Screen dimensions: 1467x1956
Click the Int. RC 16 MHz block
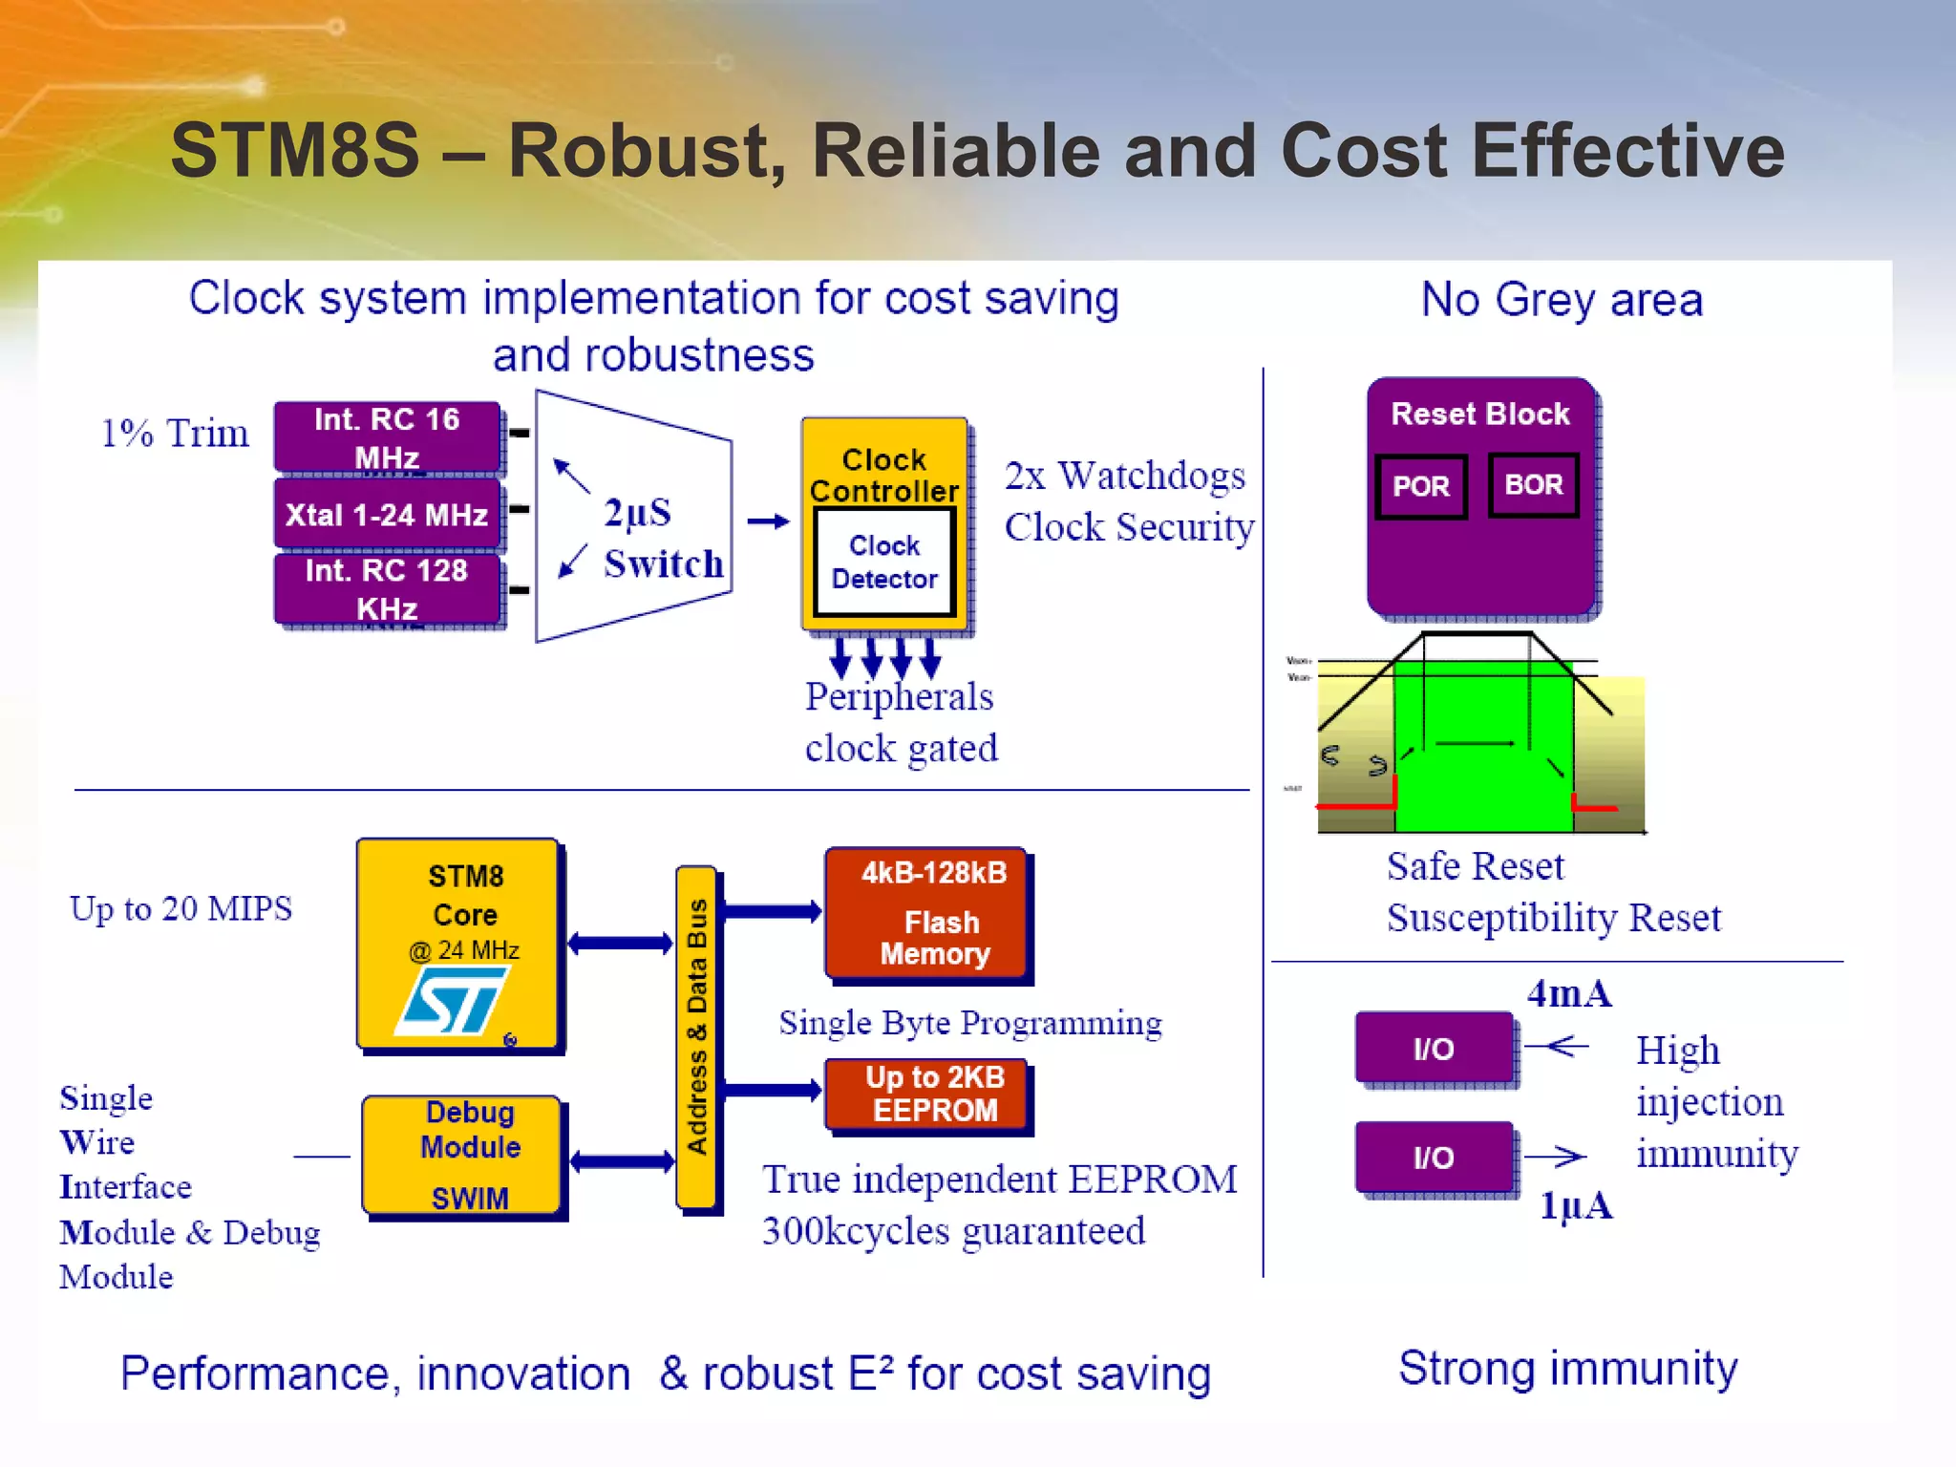coord(387,437)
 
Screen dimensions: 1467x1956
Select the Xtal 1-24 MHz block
coord(387,515)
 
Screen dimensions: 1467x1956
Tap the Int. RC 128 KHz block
coord(387,589)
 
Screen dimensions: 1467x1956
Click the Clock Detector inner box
coord(883,563)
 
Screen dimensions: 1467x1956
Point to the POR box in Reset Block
coord(1420,486)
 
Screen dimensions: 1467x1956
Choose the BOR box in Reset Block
coord(1533,485)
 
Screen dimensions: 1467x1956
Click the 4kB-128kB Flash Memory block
coord(927,913)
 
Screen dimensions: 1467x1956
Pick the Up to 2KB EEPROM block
coord(927,1094)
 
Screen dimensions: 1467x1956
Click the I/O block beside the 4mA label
coord(1434,1048)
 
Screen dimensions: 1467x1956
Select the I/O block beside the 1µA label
coord(1434,1157)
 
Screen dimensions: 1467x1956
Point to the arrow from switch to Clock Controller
coord(768,521)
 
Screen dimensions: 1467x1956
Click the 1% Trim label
coord(175,434)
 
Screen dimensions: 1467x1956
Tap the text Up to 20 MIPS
coord(181,908)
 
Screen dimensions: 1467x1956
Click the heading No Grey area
coord(1562,300)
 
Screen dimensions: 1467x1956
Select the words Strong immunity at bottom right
coord(1567,1368)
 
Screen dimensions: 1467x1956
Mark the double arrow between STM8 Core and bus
coord(620,944)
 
